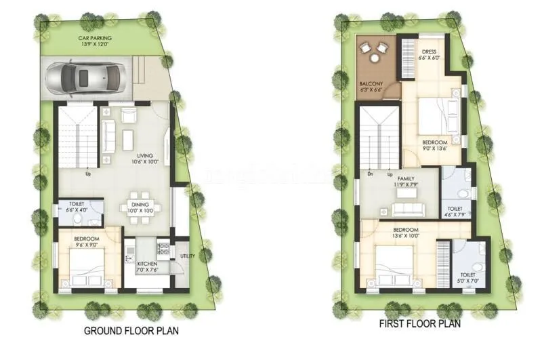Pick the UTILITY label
188,256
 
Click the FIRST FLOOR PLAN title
420,324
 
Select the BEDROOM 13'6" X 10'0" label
407,233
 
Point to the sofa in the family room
407,207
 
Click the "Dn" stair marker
369,174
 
